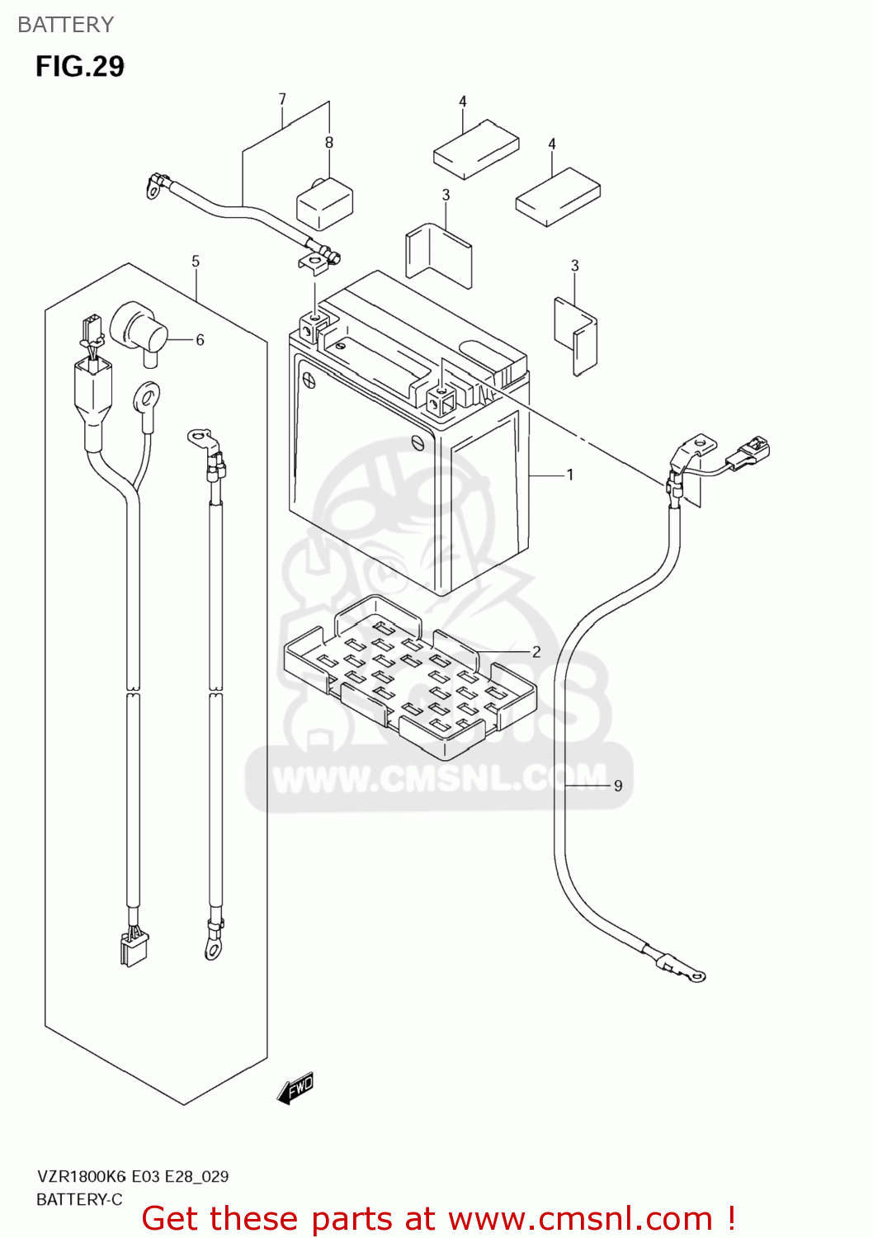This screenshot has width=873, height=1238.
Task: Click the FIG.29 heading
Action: coord(80,66)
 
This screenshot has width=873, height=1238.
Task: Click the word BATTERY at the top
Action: coord(65,25)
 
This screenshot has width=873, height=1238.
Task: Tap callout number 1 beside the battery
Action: coord(569,475)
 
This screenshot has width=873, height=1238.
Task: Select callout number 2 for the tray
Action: coord(536,651)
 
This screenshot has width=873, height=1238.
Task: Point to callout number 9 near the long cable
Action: coord(618,786)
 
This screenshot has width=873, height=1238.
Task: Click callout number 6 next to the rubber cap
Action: coord(200,339)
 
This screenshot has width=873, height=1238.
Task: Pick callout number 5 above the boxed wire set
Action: coord(196,262)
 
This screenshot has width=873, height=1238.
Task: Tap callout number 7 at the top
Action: coord(282,99)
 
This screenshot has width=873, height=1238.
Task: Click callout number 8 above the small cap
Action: coord(329,143)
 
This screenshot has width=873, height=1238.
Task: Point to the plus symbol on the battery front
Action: coord(309,380)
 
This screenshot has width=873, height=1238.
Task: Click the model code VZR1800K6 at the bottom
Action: coord(82,1176)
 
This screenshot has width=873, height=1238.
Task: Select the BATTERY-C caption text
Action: coord(79,1199)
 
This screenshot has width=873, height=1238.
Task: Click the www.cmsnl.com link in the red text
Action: coord(580,1218)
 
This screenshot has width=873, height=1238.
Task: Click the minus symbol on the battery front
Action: coord(418,442)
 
